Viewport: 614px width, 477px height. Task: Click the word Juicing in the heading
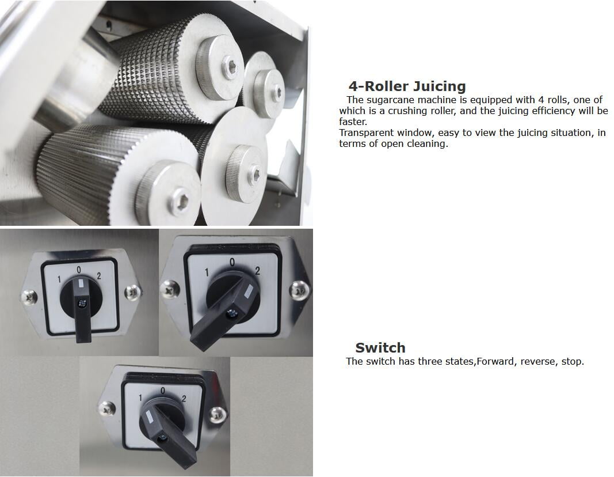[440, 86]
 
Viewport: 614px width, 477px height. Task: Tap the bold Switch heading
[380, 347]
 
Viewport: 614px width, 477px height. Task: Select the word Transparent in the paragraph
[367, 133]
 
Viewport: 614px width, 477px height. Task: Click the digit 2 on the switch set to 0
[99, 276]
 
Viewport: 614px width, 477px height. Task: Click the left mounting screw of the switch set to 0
[29, 297]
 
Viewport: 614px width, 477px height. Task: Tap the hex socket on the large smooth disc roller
[255, 173]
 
